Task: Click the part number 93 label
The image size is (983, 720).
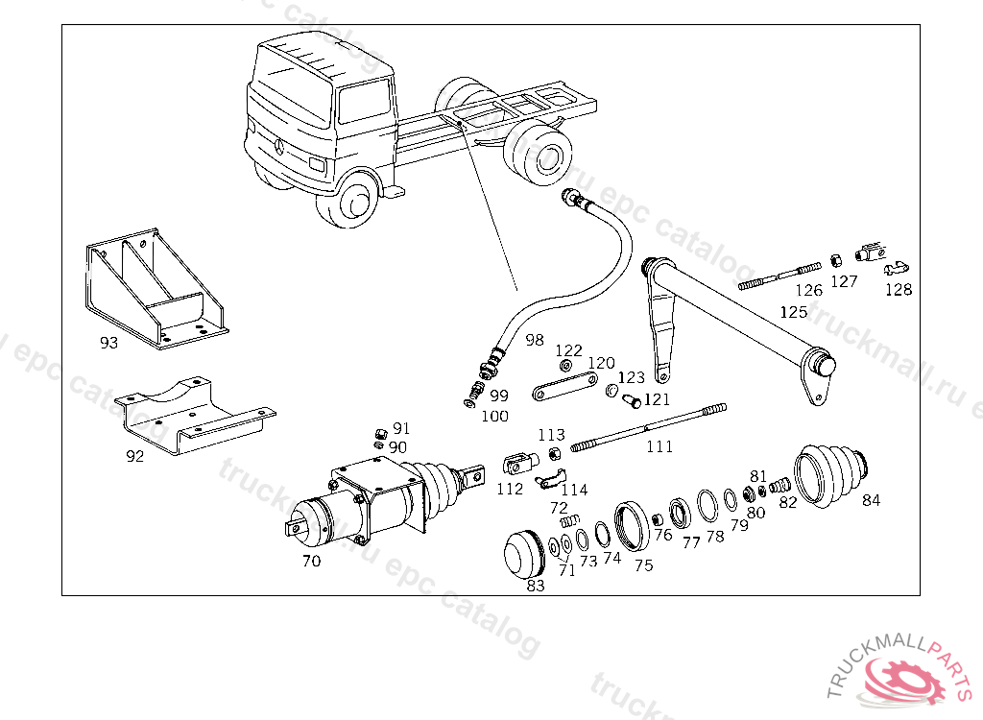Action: point(108,342)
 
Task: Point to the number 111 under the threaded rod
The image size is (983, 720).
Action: point(659,446)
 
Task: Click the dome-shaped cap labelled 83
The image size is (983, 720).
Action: point(525,554)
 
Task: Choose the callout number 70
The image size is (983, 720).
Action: point(311,562)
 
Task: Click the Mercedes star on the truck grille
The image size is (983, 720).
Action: point(279,147)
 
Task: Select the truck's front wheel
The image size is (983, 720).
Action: point(354,201)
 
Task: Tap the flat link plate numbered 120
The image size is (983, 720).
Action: point(559,393)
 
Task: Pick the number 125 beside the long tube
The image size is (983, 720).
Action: point(794,312)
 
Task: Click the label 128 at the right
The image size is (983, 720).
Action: point(899,289)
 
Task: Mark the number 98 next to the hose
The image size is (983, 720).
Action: point(535,340)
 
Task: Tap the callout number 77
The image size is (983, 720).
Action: point(691,543)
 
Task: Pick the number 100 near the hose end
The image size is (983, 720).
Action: point(495,417)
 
